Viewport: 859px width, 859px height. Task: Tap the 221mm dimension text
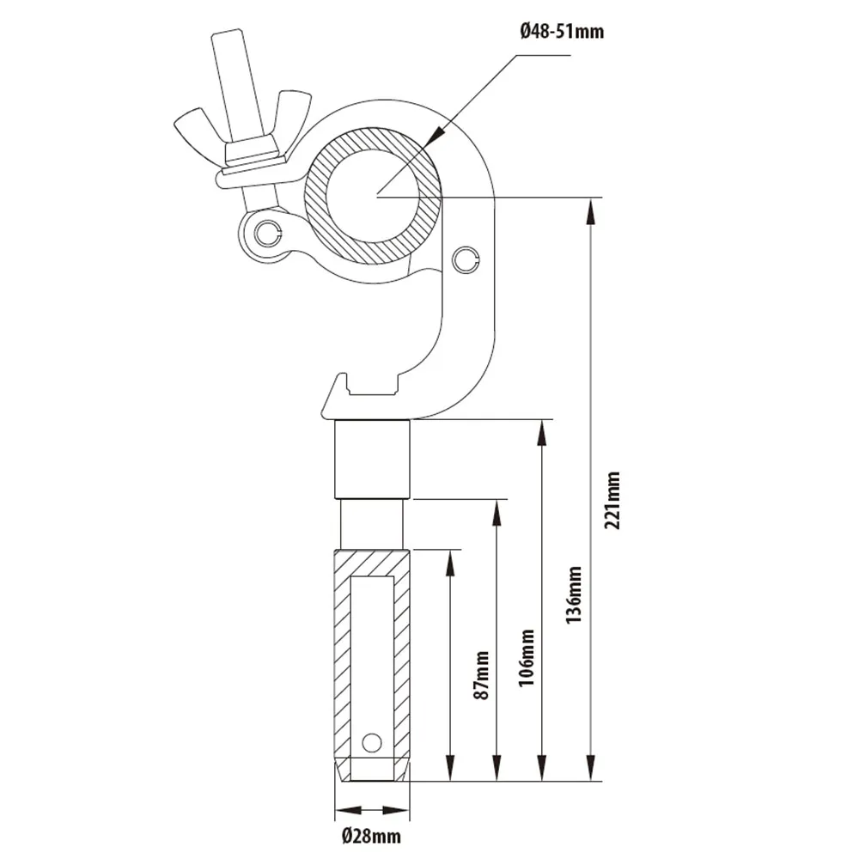click(x=612, y=500)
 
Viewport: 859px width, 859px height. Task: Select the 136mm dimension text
click(x=574, y=594)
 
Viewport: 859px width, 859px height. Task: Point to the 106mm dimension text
click(x=527, y=657)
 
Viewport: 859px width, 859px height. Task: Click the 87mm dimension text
click(x=482, y=675)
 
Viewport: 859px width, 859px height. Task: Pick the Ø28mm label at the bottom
click(x=370, y=834)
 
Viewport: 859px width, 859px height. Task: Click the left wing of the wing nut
click(x=193, y=128)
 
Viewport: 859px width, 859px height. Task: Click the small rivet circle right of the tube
click(x=465, y=258)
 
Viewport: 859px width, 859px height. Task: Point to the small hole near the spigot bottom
click(x=371, y=741)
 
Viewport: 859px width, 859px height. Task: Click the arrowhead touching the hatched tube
click(x=435, y=134)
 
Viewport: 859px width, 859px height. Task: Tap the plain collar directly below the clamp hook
click(x=373, y=459)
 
